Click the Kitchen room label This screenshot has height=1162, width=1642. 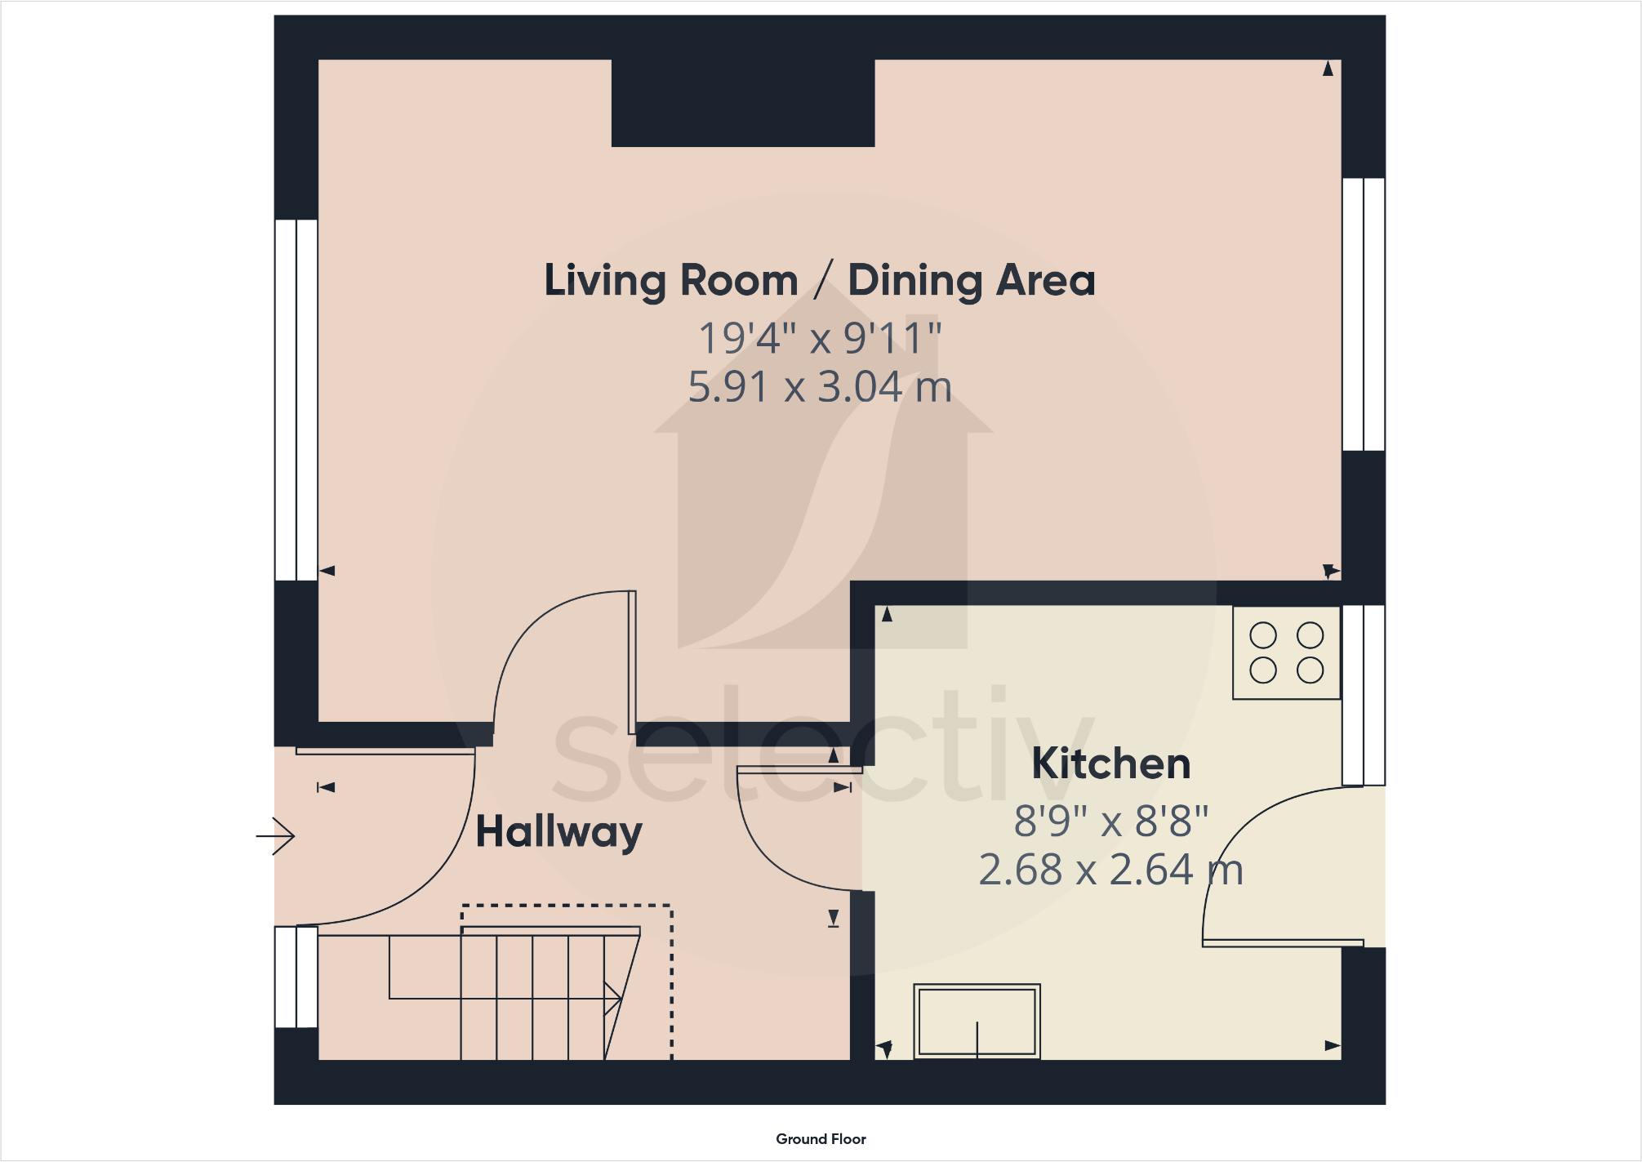coord(1110,764)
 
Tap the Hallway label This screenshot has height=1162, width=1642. coord(558,832)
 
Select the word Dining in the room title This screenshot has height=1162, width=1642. coord(914,281)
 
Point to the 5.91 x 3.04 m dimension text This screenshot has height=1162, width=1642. coord(820,387)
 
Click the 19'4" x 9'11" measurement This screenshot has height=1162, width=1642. coord(820,338)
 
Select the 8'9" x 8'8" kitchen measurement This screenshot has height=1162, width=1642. coord(1110,821)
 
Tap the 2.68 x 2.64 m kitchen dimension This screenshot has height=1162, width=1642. coord(1110,870)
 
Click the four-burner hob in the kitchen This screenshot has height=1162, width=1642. coord(1286,652)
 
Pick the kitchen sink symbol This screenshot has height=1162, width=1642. coord(977,1022)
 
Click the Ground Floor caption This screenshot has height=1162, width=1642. coord(821,1139)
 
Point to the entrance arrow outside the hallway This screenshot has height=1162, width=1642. coord(276,836)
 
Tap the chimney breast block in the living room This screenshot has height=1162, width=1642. coord(743,102)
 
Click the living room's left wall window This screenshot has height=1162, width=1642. coord(296,399)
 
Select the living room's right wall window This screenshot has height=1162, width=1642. coord(1364,314)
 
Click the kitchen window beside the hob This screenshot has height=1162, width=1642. coord(1364,695)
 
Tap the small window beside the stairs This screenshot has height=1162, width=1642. coord(296,977)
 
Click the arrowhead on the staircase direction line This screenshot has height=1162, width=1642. coord(613,998)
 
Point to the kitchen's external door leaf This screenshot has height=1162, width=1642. coord(1283,943)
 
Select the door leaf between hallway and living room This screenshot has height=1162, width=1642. coord(632,662)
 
